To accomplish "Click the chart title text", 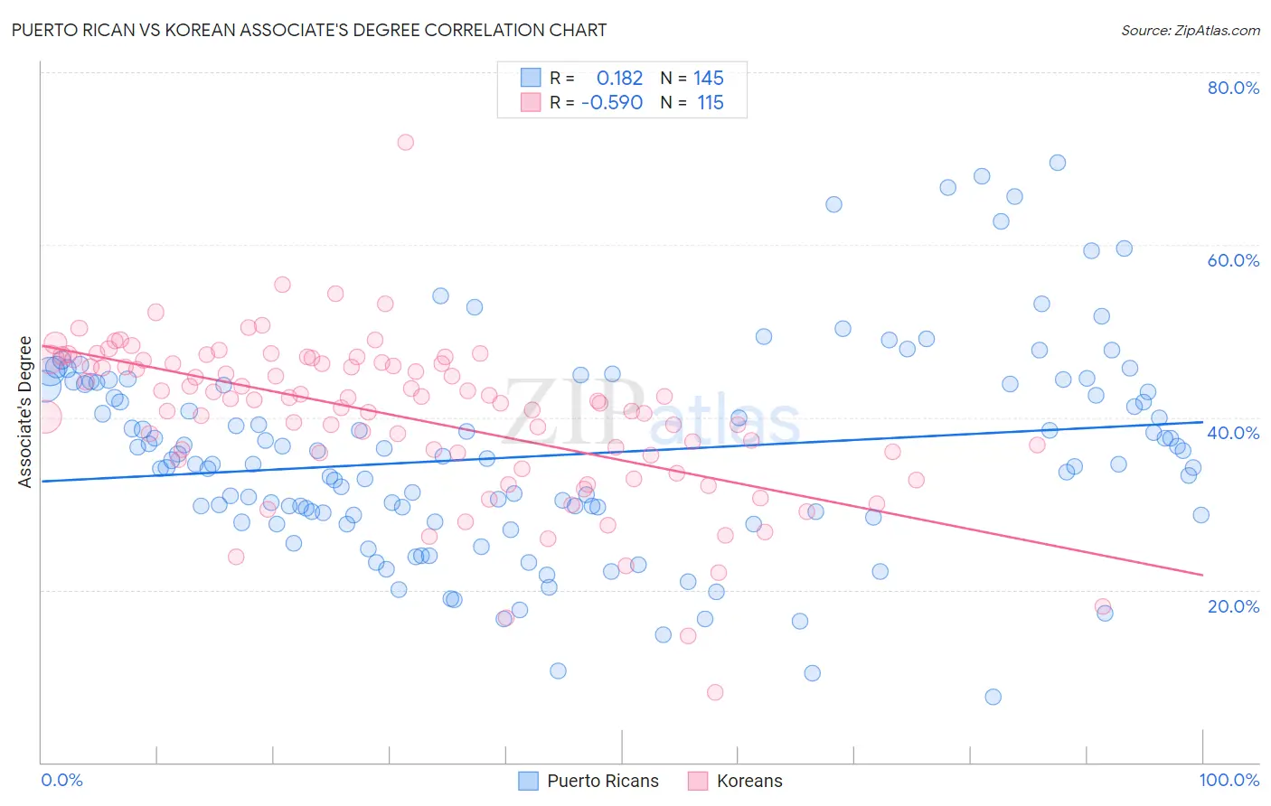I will tap(309, 30).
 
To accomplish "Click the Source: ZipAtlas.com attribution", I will tap(1190, 30).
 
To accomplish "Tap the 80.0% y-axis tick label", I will tap(1233, 88).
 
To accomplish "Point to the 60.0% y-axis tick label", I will tap(1233, 260).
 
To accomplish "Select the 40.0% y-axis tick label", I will tap(1233, 433).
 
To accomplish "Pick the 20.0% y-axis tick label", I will tap(1233, 606).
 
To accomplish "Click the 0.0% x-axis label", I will tap(61, 780).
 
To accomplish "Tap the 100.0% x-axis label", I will tap(1229, 780).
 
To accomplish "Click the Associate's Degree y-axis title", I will tap(25, 412).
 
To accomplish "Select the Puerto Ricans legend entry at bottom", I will tap(602, 781).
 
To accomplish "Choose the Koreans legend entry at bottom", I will tap(748, 781).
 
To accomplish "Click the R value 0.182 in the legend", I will tap(619, 79).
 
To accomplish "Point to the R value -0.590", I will tap(612, 103).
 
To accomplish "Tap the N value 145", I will tap(709, 79).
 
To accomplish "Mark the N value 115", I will tap(711, 103).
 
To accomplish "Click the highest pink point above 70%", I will tap(406, 142).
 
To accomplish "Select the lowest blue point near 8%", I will tap(993, 697).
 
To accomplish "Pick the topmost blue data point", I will tap(1058, 163).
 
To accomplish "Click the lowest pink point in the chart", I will tap(715, 692).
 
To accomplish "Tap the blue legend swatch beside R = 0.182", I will tap(531, 79).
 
